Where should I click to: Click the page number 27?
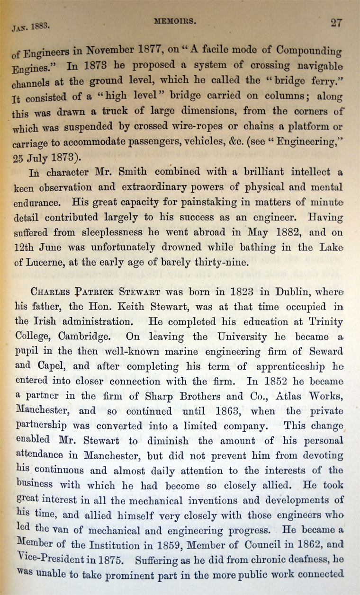click(x=336, y=22)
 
